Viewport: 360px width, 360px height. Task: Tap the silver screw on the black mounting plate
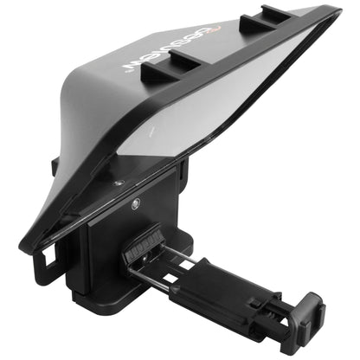[x=136, y=204]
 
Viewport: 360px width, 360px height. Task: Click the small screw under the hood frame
[x=117, y=183]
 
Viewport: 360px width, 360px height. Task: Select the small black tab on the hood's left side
[x=55, y=164]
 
